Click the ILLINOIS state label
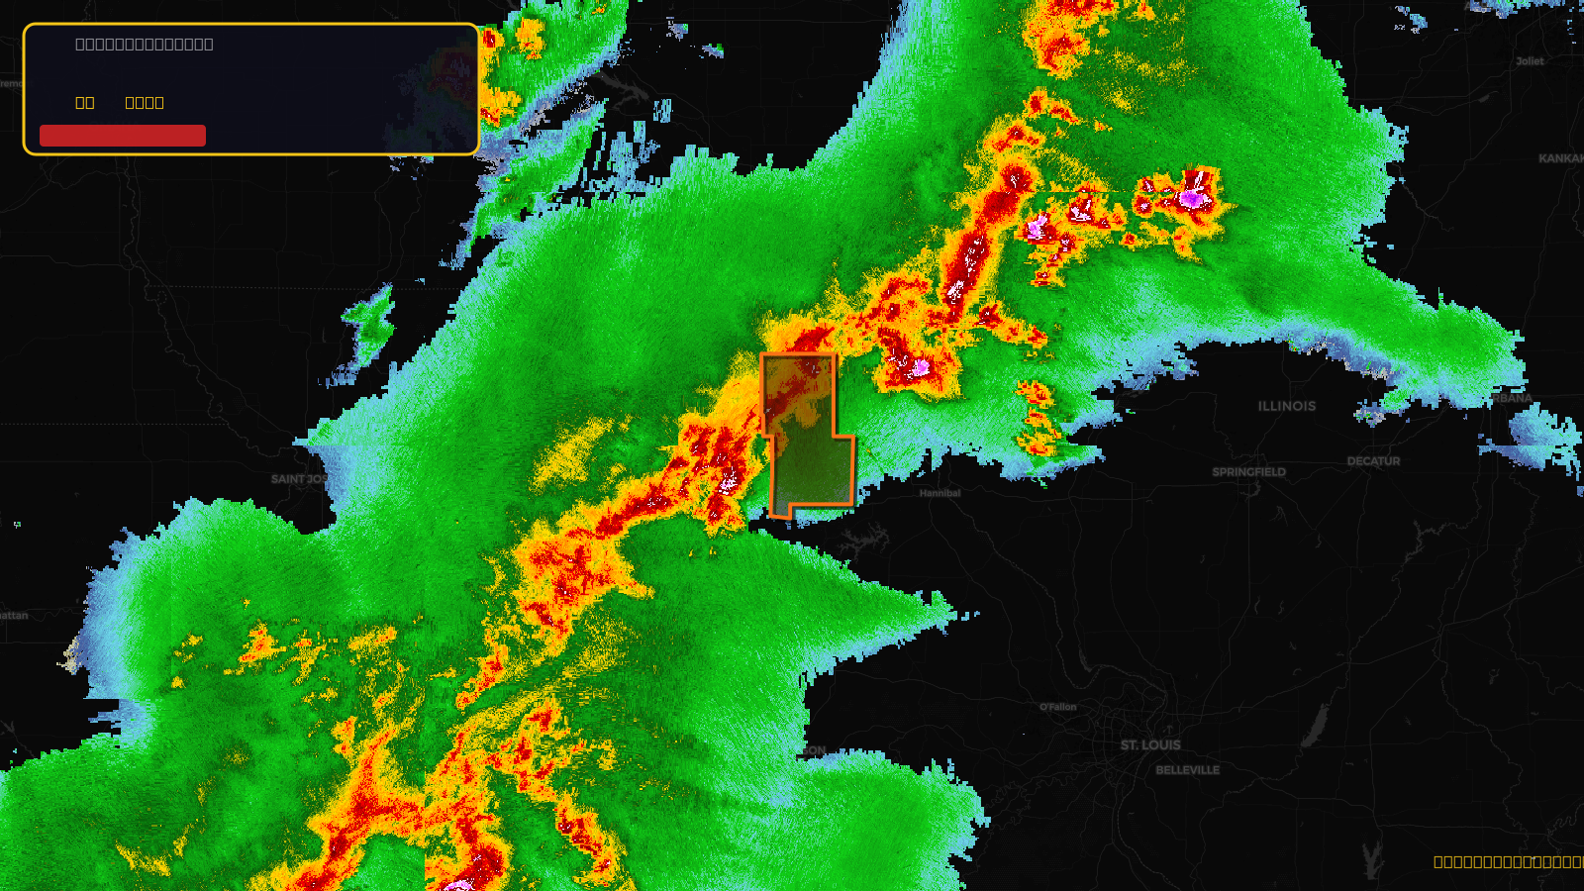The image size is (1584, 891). click(1287, 406)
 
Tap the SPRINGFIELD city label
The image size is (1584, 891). click(1248, 472)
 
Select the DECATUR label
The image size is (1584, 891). click(1373, 461)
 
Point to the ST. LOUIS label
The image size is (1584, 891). click(1150, 744)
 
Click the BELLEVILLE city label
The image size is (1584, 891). click(1187, 770)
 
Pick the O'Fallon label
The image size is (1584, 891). click(1057, 707)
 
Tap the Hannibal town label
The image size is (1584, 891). click(940, 493)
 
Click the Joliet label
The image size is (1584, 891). click(1530, 61)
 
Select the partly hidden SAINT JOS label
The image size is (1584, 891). click(298, 479)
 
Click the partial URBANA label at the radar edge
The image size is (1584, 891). click(1513, 398)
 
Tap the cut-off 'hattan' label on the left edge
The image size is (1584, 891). click(14, 616)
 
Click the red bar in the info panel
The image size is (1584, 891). click(123, 136)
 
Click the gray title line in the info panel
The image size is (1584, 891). click(145, 45)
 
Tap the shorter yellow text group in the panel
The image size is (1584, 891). click(85, 103)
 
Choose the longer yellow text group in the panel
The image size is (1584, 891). click(145, 103)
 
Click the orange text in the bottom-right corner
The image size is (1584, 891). click(1508, 862)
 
